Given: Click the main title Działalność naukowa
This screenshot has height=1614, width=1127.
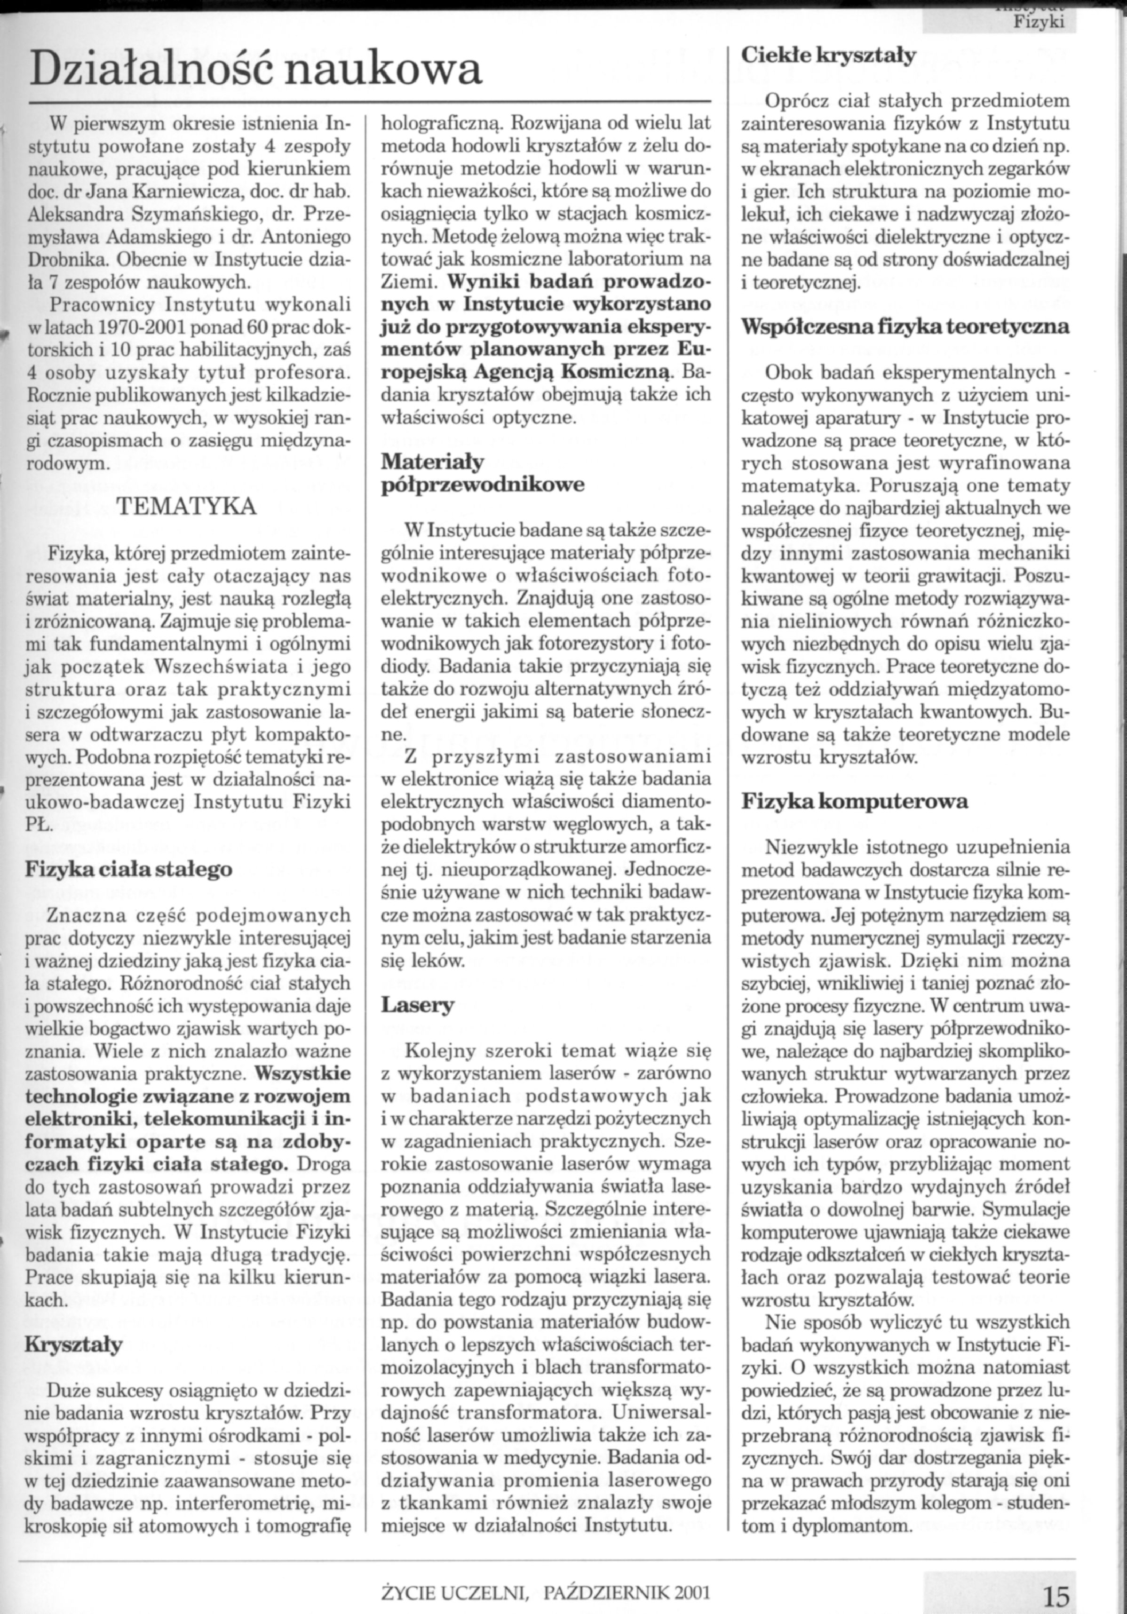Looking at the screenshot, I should (256, 70).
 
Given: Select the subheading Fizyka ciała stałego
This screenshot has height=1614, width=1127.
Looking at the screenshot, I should (129, 869).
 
